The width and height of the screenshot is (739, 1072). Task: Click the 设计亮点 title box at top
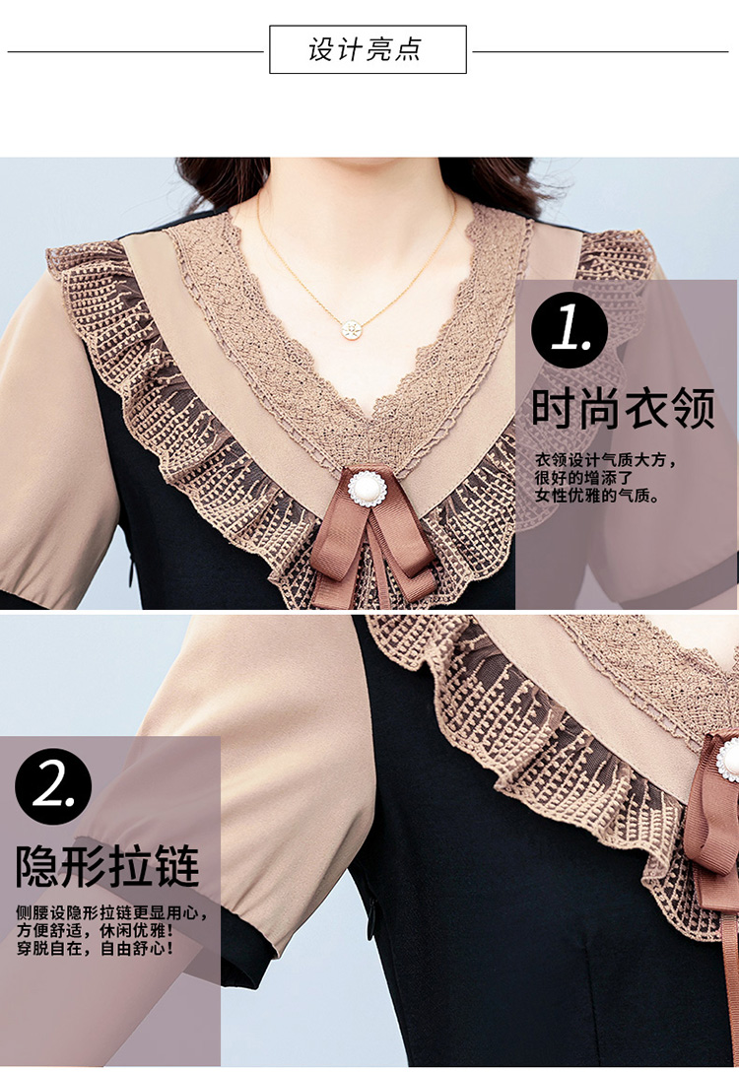368,49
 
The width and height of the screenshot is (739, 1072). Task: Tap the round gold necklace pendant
352,329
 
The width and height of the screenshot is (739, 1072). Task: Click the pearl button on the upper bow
368,488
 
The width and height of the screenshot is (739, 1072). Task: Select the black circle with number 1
569,330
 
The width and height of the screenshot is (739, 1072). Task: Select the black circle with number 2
52,786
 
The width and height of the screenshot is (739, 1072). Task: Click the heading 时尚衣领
624,408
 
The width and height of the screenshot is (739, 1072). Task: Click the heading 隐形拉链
108,866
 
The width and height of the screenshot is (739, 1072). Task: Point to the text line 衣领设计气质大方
605,459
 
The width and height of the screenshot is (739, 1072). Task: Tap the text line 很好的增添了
584,477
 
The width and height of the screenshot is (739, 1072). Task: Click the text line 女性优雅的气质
597,495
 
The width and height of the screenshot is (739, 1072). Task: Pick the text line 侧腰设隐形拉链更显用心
110,912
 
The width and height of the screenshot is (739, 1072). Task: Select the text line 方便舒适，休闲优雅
95,930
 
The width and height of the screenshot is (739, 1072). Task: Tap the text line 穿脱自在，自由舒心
95,948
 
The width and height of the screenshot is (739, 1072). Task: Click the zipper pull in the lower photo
372,918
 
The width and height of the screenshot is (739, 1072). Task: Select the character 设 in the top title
320,50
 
